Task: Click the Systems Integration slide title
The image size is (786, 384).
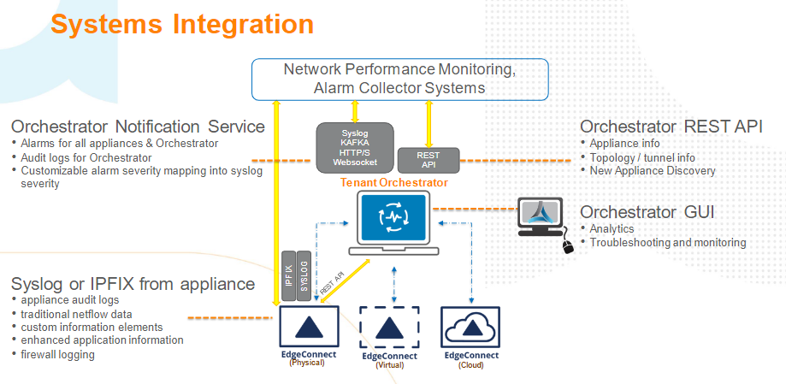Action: tap(182, 24)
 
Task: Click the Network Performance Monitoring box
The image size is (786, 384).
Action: tap(399, 78)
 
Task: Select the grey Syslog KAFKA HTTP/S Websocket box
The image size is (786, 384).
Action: tap(355, 148)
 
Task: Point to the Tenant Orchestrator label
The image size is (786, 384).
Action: tap(393, 183)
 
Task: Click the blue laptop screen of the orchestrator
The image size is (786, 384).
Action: tap(393, 217)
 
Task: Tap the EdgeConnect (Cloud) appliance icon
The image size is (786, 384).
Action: tap(470, 328)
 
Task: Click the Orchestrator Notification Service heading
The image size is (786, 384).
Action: tap(138, 127)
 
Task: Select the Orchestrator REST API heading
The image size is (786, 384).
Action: tap(671, 127)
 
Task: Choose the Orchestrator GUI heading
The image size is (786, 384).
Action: tap(647, 211)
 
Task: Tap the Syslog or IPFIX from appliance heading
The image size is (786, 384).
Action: tap(133, 283)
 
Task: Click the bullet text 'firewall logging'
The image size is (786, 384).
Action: tap(58, 354)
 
